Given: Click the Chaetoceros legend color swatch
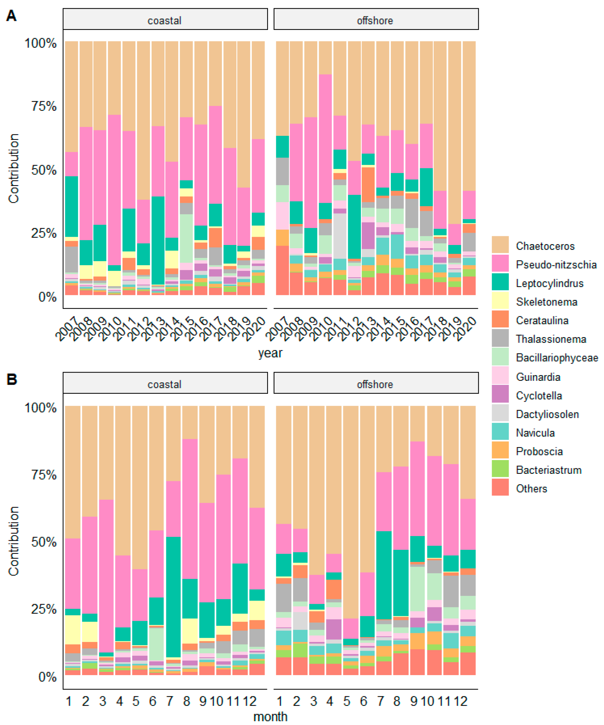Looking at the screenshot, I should click(x=500, y=245).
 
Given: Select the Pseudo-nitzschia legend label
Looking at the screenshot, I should click(x=556, y=264).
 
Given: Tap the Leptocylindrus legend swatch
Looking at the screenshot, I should click(x=500, y=282).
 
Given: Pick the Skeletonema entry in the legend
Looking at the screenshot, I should click(x=547, y=302).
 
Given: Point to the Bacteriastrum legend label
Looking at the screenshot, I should click(x=549, y=470).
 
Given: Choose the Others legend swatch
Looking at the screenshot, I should click(x=500, y=487).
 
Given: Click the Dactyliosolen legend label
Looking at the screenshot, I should click(x=547, y=414).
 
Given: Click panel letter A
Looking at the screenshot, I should click(x=11, y=16).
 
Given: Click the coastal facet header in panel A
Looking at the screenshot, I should click(x=165, y=20).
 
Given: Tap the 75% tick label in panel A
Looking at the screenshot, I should click(x=44, y=106).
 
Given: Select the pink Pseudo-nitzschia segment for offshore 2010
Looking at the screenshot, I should click(x=325, y=138).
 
